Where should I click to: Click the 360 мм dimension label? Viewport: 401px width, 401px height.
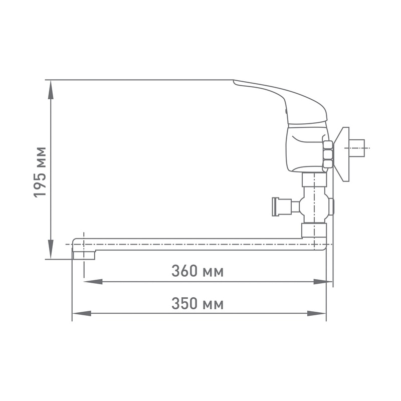[x=197, y=271]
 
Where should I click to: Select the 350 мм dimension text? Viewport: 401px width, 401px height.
[x=197, y=304]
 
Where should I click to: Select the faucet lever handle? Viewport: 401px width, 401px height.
[x=281, y=98]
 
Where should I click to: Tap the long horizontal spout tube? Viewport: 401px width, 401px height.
[x=200, y=244]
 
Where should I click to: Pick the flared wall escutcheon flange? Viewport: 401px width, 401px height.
[x=343, y=153]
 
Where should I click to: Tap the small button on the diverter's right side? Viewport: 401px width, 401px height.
[x=332, y=206]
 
